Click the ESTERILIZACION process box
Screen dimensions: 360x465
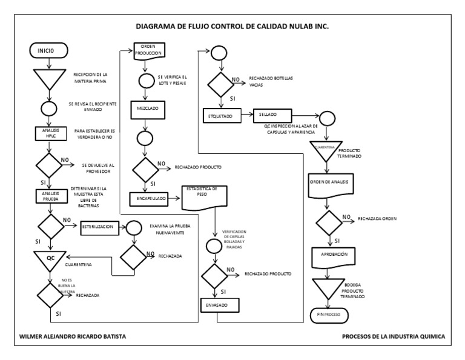[98, 227]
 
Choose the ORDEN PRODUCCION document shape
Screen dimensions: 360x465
[148, 52]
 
